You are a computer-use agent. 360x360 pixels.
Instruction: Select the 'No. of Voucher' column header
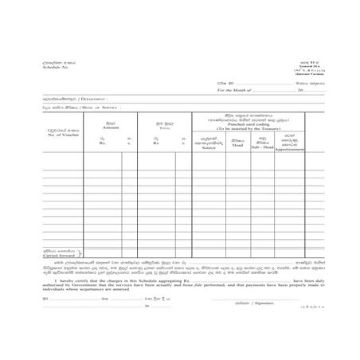(61, 133)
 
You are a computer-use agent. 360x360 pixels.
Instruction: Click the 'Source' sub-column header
(209, 147)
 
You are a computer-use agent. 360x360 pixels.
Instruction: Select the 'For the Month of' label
(237, 91)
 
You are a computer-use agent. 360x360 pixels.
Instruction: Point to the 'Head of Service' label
(79, 107)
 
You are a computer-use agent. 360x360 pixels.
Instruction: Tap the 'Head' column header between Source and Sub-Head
(237, 145)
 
